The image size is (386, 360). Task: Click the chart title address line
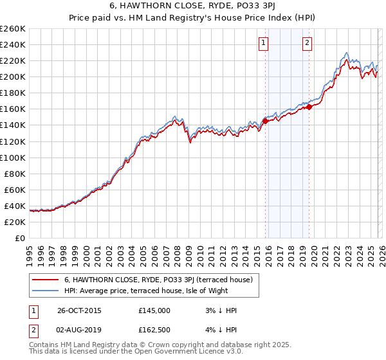tap(193, 7)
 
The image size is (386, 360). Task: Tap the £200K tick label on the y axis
tap(13, 76)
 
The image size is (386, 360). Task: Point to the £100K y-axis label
tap(13, 157)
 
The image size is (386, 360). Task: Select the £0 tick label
tap(20, 238)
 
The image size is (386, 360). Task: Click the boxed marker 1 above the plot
tap(264, 43)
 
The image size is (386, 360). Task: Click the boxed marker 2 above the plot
tap(308, 43)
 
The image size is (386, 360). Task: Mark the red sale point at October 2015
tap(265, 120)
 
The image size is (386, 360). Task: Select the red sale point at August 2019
tap(309, 107)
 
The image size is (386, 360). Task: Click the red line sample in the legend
tap(46, 280)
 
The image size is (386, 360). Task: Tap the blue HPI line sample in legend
tap(46, 291)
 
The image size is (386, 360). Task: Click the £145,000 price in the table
tap(154, 310)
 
